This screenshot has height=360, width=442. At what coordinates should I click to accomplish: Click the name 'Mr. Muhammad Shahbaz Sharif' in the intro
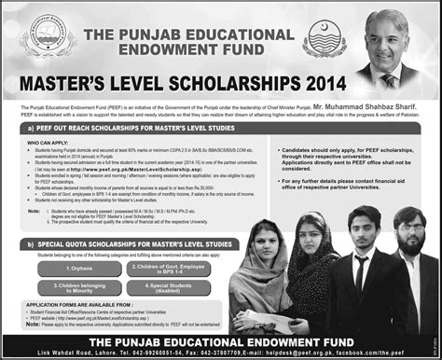371,109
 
